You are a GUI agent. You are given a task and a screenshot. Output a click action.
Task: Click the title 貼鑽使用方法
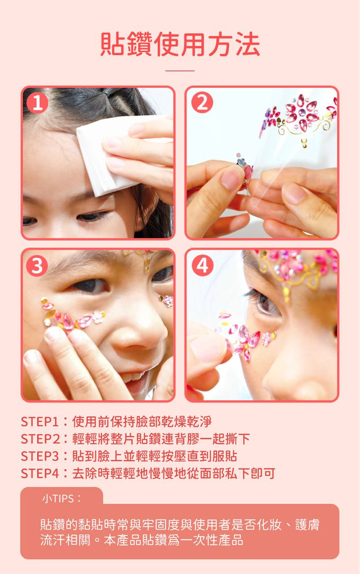point(180,44)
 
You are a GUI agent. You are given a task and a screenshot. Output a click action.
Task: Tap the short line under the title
point(179,70)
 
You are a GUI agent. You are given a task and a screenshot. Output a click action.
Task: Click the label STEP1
point(40,421)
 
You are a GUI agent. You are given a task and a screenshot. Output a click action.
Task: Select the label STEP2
point(40,439)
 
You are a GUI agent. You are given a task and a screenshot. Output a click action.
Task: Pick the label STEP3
point(40,456)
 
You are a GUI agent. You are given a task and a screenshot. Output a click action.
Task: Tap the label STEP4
point(40,473)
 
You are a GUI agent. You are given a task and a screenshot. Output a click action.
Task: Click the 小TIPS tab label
point(61,498)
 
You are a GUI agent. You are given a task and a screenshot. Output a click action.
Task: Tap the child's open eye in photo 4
point(266,301)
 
